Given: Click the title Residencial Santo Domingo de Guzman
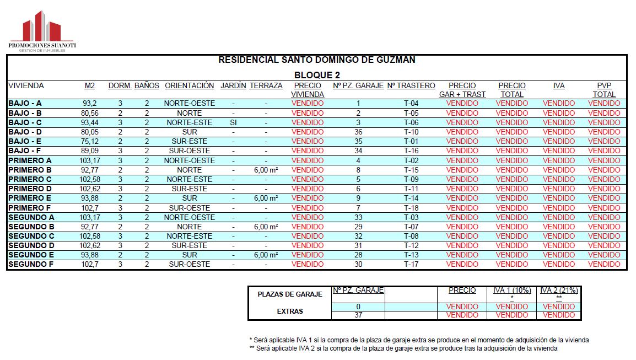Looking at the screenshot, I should click(317, 60).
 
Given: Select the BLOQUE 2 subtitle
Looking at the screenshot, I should click(317, 75).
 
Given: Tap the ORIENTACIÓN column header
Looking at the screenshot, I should click(189, 86).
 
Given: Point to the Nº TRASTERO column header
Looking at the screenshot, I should click(411, 86).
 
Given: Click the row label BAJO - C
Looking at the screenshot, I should click(25, 122).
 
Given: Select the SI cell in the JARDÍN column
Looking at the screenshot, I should click(233, 122).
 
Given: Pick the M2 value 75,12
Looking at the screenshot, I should click(89, 141).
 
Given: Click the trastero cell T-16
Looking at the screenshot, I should click(411, 151).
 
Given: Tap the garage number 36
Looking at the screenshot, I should click(358, 132).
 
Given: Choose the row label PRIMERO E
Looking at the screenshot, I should click(30, 198).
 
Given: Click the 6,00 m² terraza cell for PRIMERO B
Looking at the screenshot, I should click(266, 170).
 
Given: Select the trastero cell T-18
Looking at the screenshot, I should click(411, 208).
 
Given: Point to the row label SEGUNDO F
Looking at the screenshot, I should click(31, 264).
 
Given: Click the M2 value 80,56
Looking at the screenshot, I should click(89, 113).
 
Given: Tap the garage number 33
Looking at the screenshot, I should click(358, 217).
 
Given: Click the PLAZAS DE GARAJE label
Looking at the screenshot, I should click(290, 294).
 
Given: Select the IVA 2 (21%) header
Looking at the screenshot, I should click(559, 291).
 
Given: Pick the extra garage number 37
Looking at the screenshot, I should click(358, 315).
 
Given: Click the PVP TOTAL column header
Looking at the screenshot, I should click(604, 90).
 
